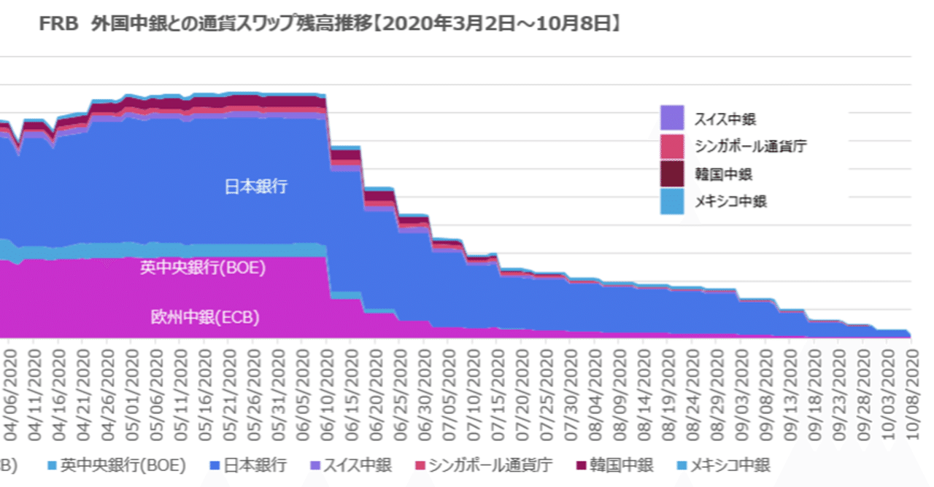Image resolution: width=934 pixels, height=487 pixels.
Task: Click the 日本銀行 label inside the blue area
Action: pos(255,187)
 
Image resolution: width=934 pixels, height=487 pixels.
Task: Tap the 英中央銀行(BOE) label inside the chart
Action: pos(203,268)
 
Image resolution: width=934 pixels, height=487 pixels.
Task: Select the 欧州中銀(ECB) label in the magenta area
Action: pos(206,317)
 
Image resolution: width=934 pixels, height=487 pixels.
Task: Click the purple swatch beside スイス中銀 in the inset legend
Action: pos(672,118)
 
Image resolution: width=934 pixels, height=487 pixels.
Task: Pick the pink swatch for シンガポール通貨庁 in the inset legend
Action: pos(672,146)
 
